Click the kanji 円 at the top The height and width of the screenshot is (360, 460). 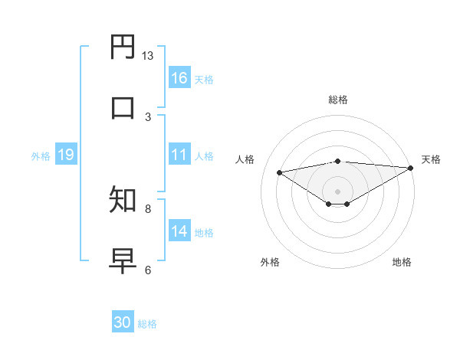[123, 47]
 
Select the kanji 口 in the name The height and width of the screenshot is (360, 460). [123, 107]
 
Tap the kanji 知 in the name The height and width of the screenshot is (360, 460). [123, 200]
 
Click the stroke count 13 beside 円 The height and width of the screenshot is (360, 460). [148, 56]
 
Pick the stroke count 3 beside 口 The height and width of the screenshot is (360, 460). [148, 116]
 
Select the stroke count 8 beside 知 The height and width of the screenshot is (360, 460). [148, 208]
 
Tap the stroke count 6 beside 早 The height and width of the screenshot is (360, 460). [148, 270]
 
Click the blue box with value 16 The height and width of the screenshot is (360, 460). [179, 78]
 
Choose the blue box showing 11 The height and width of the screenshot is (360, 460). [179, 155]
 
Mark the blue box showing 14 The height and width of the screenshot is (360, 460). [179, 231]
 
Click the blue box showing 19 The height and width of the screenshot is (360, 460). [66, 155]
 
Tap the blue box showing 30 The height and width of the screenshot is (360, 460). [123, 322]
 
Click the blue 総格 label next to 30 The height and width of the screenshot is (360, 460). [147, 324]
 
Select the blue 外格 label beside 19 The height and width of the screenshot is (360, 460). [41, 156]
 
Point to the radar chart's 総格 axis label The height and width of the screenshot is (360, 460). [337, 100]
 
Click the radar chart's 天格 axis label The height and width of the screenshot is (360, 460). [431, 159]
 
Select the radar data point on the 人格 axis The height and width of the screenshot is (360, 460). [279, 172]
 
